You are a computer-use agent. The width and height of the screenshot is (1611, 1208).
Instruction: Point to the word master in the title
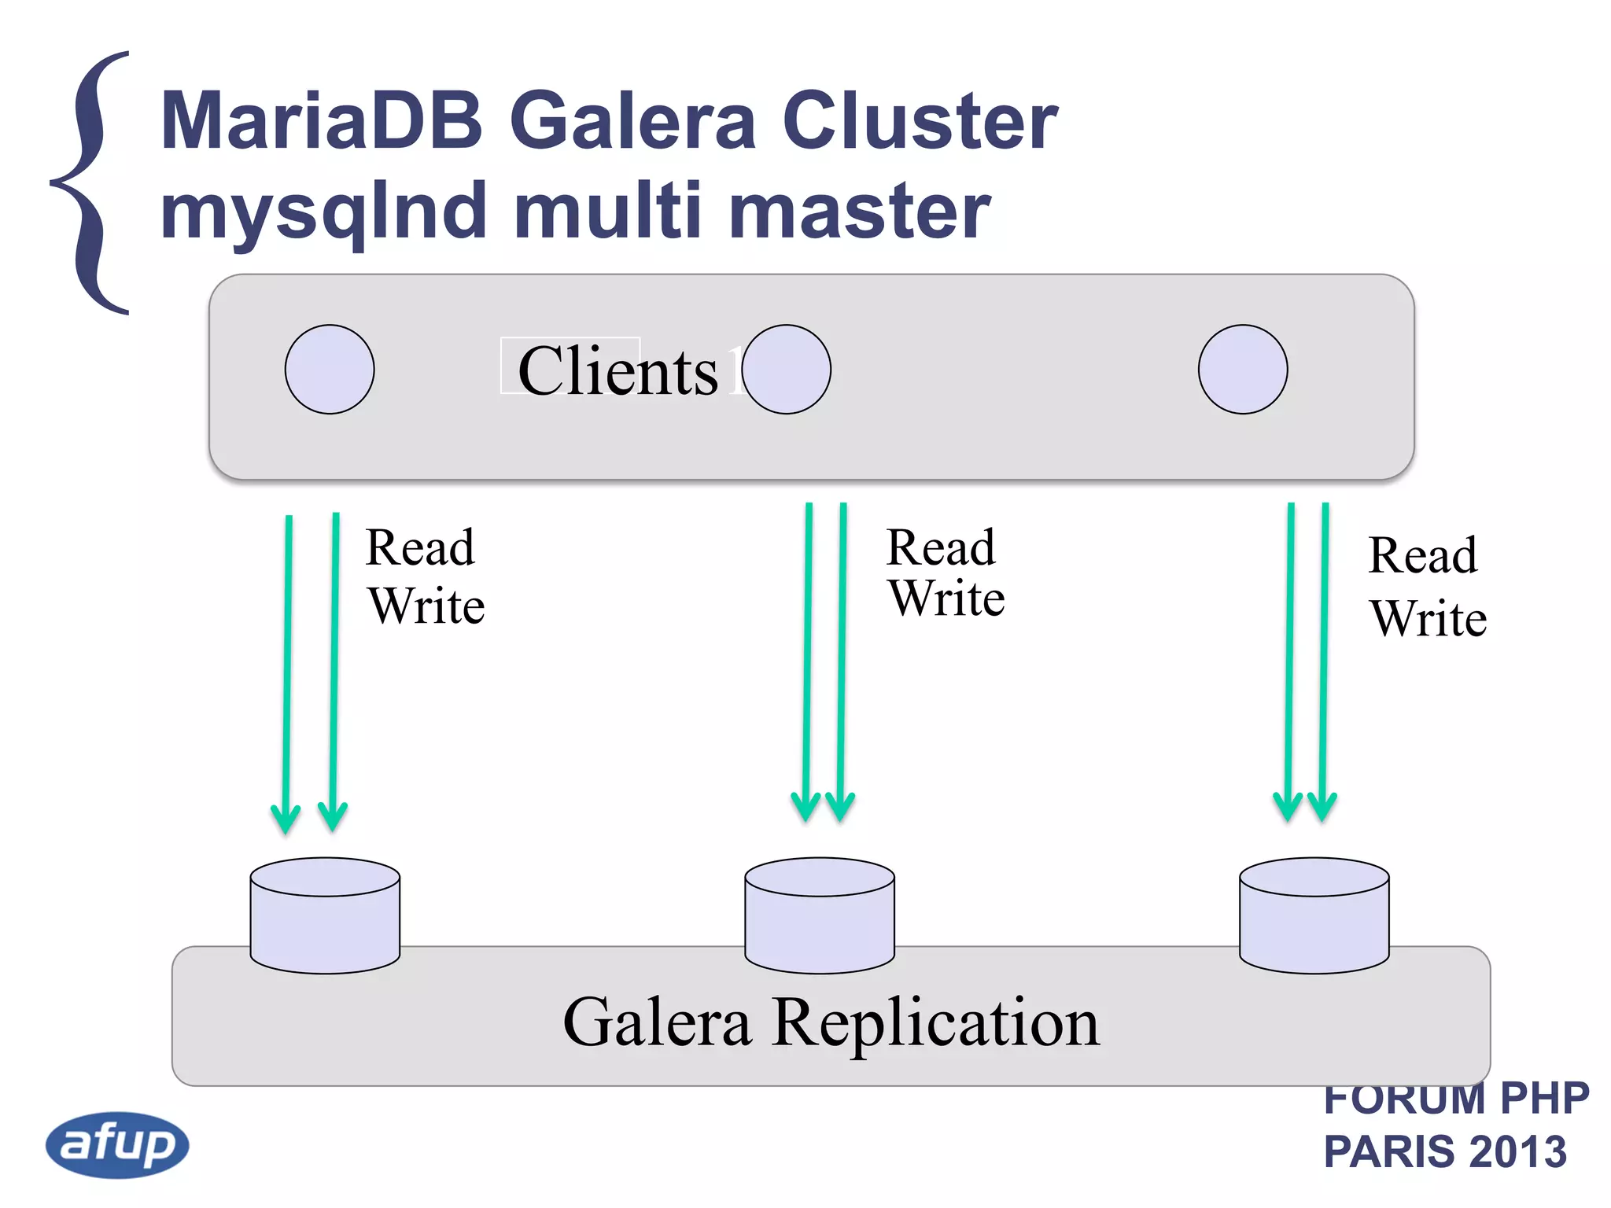point(859,211)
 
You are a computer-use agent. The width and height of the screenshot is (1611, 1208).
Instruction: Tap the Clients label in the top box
point(617,370)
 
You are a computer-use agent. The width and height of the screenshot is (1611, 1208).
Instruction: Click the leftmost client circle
point(330,370)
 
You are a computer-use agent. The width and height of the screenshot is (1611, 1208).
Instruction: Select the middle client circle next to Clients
point(787,370)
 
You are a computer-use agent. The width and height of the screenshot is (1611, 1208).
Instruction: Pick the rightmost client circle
point(1243,370)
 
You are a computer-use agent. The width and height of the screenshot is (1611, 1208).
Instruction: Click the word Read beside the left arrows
point(421,547)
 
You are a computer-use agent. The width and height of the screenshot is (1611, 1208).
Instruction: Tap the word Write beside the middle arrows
point(947,599)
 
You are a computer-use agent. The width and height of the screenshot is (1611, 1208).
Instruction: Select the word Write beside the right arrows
point(1429,619)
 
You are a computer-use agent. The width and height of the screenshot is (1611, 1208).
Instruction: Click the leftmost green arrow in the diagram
point(288,668)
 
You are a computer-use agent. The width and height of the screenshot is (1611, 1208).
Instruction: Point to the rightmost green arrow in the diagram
point(1324,661)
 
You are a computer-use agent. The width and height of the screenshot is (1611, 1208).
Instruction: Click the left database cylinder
point(325,916)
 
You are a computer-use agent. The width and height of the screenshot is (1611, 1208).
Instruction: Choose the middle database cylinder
point(820,916)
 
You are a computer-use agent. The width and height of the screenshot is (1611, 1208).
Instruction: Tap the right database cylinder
point(1314,916)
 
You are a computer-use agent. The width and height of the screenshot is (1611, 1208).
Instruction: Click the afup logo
point(117,1144)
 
